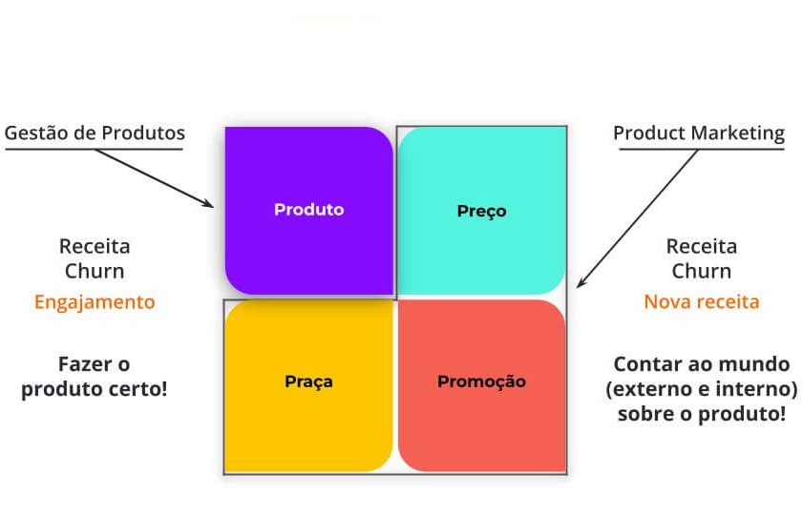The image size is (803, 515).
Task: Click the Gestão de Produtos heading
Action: coord(95,133)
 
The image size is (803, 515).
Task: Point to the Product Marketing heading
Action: coord(698,133)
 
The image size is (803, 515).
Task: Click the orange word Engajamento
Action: coord(95,302)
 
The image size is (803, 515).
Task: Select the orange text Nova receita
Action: coord(702,302)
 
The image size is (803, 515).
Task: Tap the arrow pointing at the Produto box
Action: coord(158,178)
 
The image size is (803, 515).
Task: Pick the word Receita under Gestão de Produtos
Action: coord(95,246)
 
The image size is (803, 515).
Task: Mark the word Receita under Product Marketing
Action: coord(702,246)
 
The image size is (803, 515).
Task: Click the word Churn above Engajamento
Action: coord(95,271)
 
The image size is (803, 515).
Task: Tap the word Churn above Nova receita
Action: coord(702,271)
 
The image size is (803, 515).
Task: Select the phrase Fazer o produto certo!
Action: coord(95,377)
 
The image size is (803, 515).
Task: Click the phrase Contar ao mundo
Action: coord(702,364)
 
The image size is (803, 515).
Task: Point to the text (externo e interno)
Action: coord(702,389)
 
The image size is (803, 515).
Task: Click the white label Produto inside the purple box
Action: coord(308,210)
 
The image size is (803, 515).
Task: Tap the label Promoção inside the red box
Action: coord(481,381)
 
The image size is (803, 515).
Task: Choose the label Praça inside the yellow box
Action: coord(308,381)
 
